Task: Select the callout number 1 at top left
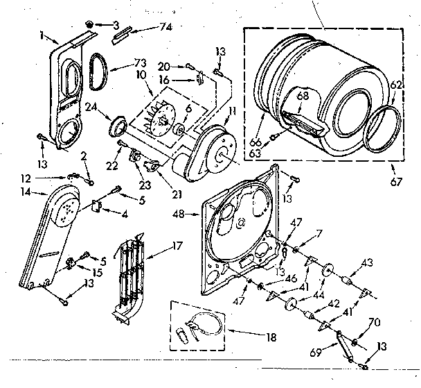coord(42,35)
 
